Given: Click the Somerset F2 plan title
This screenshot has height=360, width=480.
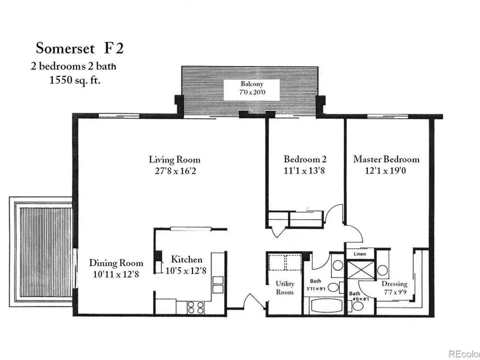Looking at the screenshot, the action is coord(80,48).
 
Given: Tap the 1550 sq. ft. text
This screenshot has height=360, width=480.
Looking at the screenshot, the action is coord(75,80).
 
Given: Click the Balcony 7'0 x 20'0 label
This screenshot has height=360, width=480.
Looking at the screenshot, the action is coord(252,88).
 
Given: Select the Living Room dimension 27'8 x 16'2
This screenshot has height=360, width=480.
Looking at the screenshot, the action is coord(175,170).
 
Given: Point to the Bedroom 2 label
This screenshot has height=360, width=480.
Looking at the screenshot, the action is coord(305,159).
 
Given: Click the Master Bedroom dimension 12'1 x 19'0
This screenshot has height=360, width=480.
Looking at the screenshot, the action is coord(385,170).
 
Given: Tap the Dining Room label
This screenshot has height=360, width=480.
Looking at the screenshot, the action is coord(116,263).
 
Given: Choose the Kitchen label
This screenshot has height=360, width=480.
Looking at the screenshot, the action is coord(186,260).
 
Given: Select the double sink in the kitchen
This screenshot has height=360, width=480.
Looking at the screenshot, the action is coord(217,285).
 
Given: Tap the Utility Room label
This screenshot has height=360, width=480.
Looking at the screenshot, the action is coord(285,288).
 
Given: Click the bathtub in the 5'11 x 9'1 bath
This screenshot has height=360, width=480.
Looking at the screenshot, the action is coord(326,306).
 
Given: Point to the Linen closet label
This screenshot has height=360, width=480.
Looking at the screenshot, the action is coord(360,254).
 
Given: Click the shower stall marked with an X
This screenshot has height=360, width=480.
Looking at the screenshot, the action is coord(360,269).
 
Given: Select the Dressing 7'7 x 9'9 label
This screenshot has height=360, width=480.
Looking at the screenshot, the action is coord(395,288).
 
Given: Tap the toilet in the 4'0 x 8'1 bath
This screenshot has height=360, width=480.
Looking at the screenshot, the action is coord(356,305).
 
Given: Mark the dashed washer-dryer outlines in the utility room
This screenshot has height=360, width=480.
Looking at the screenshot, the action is coord(285,263).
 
